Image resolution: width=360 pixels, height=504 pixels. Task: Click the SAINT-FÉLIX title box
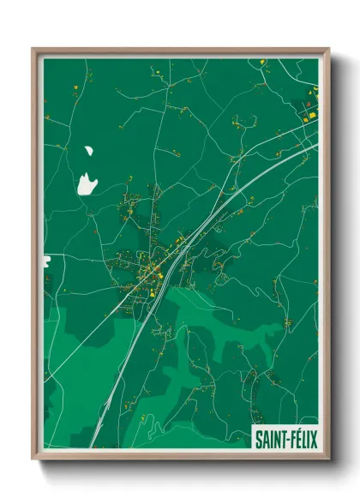tap(285, 439)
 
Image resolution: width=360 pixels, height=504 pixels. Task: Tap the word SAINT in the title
tap(269, 440)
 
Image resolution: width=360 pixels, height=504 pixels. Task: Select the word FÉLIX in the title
tap(303, 440)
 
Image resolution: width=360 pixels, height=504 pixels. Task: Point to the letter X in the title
tap(314, 440)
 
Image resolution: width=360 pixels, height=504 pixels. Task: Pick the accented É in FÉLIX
tap(297, 440)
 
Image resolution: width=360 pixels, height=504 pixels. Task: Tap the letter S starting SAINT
tap(258, 440)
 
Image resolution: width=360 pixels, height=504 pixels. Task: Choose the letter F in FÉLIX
tap(291, 440)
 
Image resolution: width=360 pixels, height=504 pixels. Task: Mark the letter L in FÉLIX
tap(303, 440)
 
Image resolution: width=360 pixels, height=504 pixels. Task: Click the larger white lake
tap(86, 183)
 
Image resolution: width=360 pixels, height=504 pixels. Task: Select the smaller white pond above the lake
tap(88, 152)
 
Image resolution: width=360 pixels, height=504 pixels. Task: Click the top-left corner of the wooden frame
tap(33, 50)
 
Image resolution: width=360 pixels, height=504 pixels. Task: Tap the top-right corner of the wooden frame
tap(327, 50)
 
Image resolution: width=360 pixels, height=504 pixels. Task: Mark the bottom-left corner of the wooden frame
tap(33, 458)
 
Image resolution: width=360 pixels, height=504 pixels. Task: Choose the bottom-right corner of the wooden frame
tap(327, 458)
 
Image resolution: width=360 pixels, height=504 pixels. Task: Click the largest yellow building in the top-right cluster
tap(313, 114)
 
